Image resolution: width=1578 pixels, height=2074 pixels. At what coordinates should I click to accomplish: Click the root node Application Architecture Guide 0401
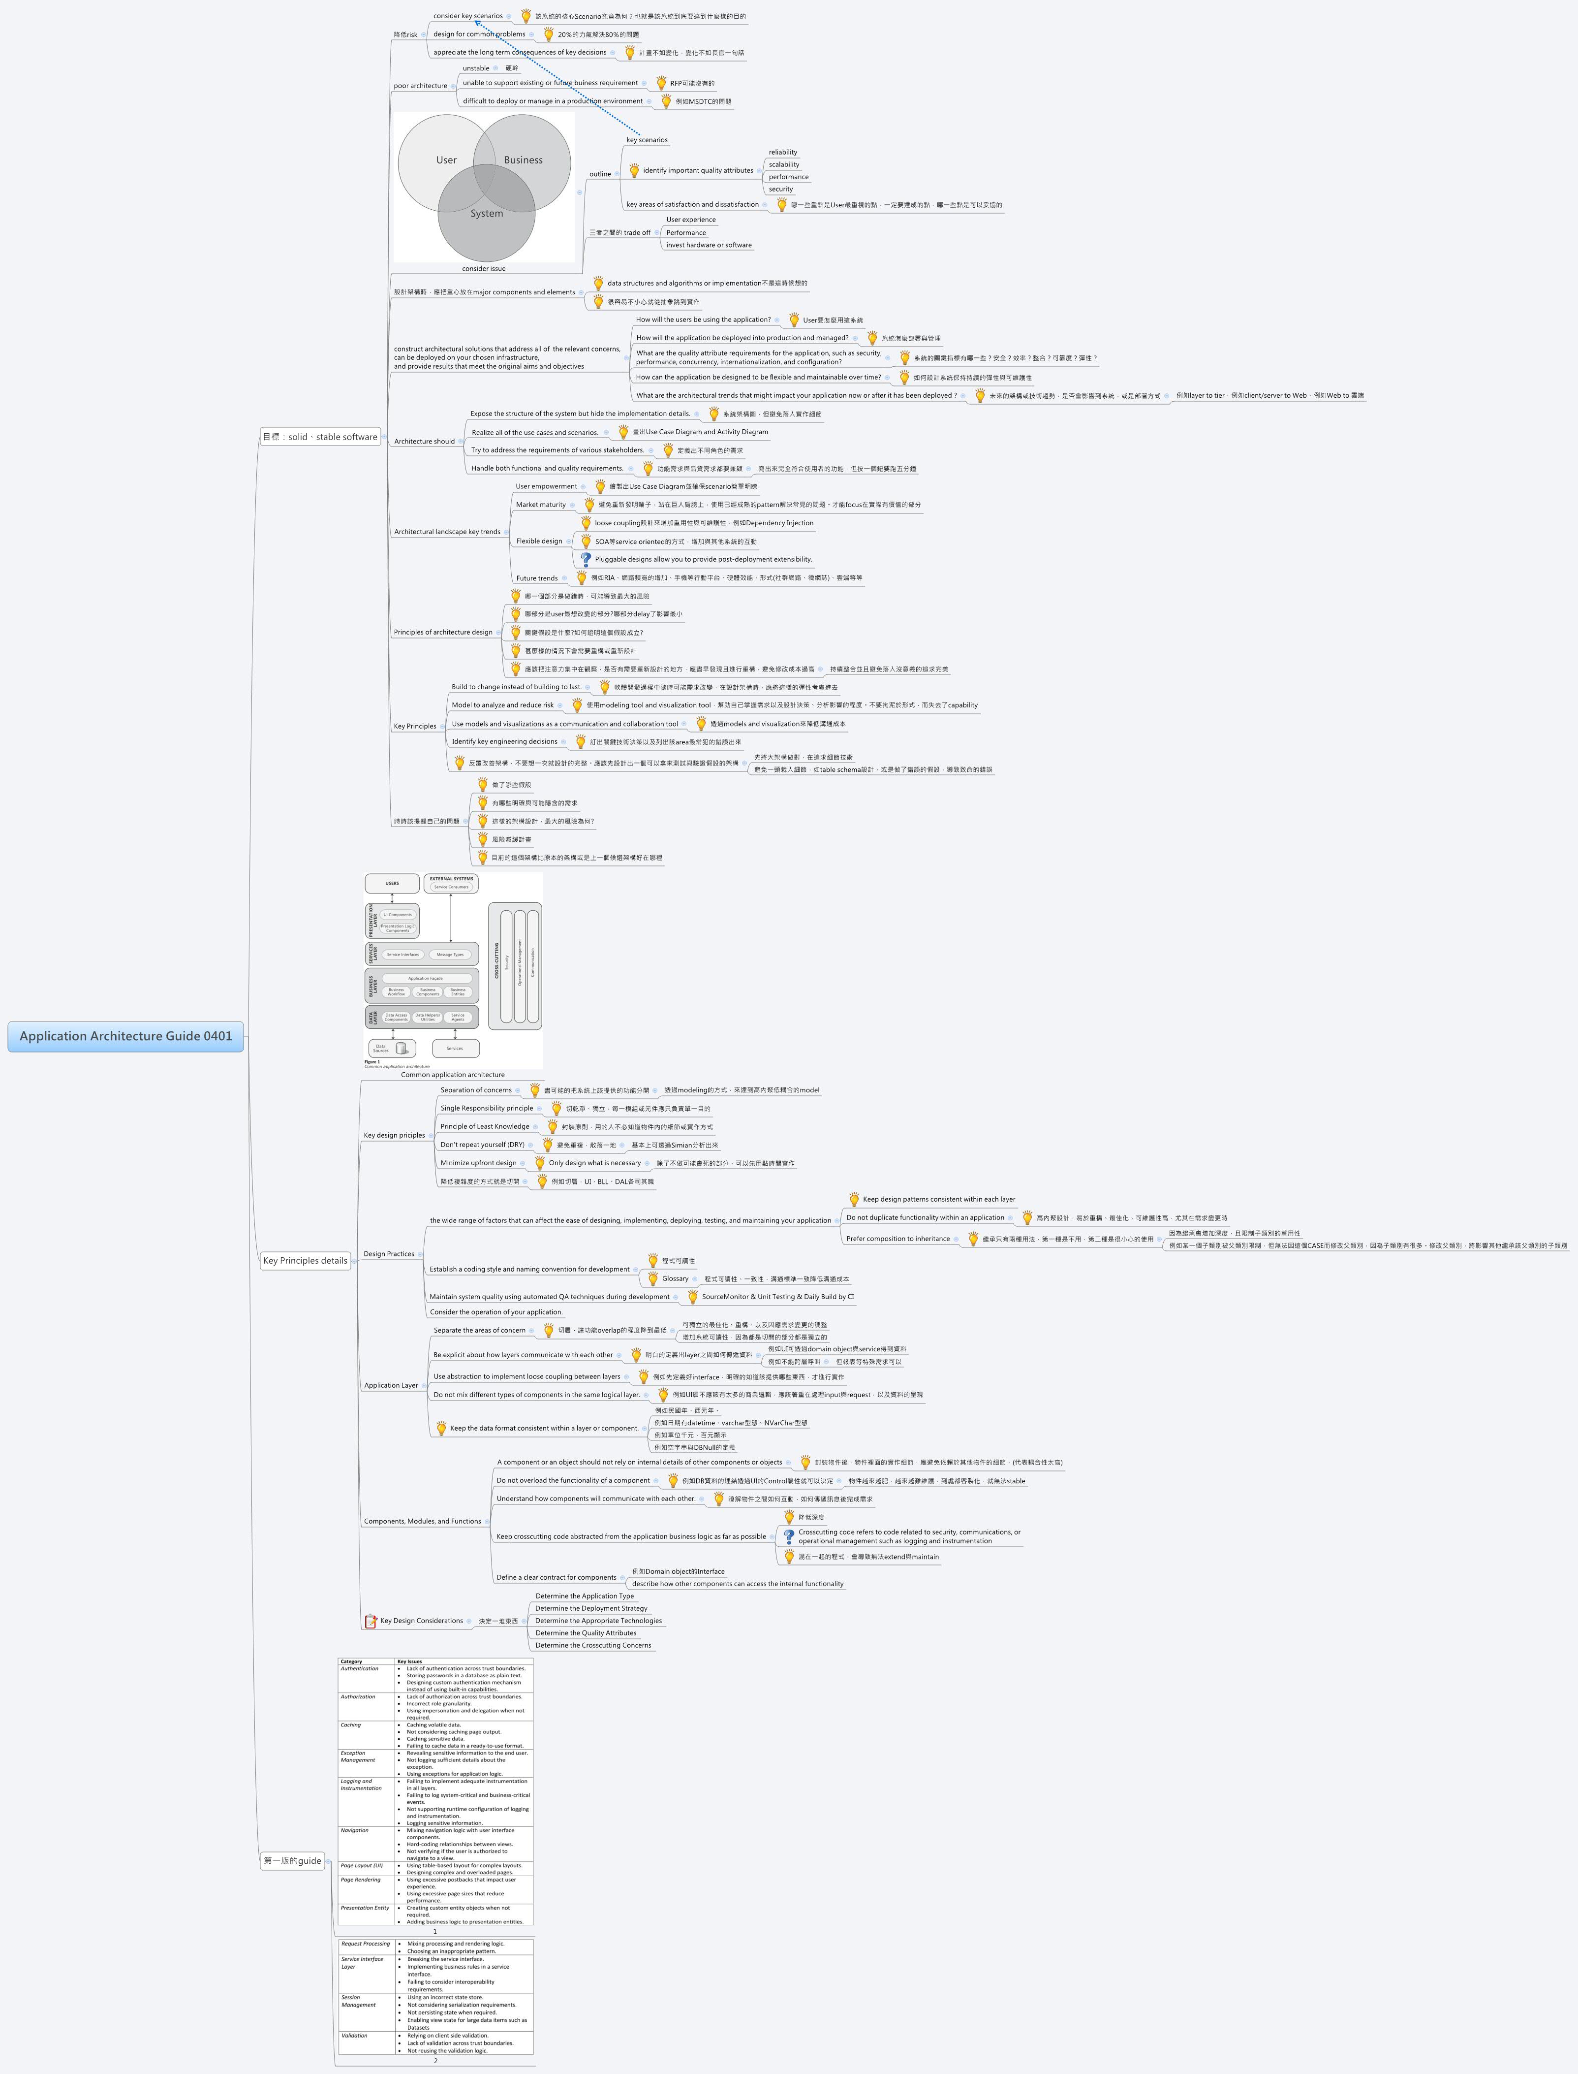pyautogui.click(x=126, y=1037)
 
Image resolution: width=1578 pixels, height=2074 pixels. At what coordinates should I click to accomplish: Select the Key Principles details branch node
pyautogui.click(x=305, y=1260)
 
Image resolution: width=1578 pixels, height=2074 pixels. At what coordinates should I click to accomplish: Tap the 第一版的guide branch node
pyautogui.click(x=292, y=1860)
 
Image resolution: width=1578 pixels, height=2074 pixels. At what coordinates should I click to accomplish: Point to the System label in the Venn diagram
pyautogui.click(x=487, y=213)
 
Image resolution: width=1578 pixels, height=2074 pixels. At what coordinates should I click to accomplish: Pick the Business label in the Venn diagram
pyautogui.click(x=523, y=160)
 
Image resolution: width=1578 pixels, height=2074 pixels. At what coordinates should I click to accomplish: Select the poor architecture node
pyautogui.click(x=420, y=86)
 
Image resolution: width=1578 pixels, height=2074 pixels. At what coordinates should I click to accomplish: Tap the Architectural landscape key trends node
pyautogui.click(x=447, y=532)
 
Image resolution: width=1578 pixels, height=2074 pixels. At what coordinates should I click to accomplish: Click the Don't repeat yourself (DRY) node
pyautogui.click(x=482, y=1145)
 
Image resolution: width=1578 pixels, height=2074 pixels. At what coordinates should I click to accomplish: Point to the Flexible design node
pyautogui.click(x=539, y=542)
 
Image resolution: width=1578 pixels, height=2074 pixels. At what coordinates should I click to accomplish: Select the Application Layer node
pyautogui.click(x=391, y=1385)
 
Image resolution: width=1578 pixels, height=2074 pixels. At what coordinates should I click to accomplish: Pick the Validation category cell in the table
pyautogui.click(x=354, y=2035)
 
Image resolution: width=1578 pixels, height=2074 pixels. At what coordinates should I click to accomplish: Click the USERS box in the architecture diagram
pyautogui.click(x=392, y=882)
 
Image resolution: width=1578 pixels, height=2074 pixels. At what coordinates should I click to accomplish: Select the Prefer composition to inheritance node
pyautogui.click(x=898, y=1239)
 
